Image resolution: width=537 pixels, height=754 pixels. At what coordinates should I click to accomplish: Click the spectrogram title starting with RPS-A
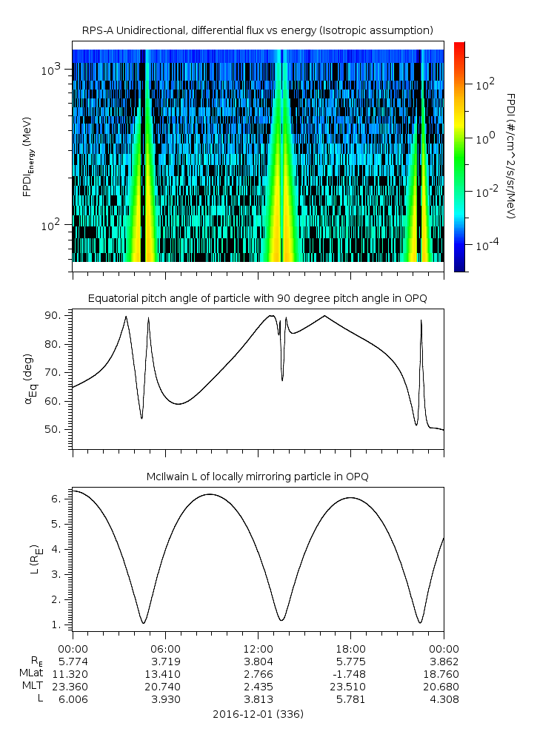pos(257,30)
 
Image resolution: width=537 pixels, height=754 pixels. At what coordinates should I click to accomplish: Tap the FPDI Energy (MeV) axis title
pos(27,155)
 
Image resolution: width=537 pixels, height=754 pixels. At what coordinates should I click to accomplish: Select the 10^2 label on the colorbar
pos(484,84)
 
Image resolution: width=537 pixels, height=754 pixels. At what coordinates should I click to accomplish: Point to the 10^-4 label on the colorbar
pos(486,243)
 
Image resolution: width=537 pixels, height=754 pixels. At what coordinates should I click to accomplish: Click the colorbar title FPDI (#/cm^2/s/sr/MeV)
pos(511,155)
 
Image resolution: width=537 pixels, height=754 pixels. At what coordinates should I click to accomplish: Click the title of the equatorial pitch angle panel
pos(257,298)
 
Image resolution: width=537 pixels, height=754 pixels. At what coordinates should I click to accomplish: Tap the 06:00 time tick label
pos(165,647)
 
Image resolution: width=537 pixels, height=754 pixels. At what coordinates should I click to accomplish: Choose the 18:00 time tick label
pos(350,647)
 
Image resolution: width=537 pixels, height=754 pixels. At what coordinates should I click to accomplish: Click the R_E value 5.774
pos(73,661)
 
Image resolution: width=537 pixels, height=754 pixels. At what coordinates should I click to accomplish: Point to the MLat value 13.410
pos(165,673)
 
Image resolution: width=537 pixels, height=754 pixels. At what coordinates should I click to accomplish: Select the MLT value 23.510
pos(350,687)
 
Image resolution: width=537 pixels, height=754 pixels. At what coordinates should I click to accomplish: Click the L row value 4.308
pos(444,699)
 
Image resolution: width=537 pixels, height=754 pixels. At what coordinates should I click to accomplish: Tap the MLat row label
pos(30,673)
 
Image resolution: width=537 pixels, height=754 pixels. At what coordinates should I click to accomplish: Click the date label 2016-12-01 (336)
pos(257,714)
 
